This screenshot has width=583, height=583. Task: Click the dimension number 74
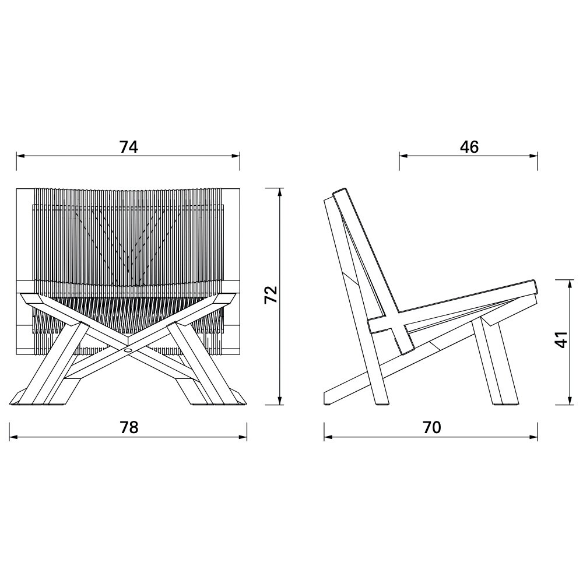click(129, 147)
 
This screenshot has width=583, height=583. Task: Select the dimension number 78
click(129, 427)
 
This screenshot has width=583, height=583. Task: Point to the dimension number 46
click(469, 147)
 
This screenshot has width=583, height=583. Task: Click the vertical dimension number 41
click(560, 340)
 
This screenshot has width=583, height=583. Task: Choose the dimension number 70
click(431, 427)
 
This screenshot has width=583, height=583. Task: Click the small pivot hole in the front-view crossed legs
click(128, 351)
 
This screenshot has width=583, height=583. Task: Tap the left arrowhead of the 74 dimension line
click(19, 156)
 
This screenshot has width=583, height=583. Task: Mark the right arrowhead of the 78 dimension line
click(244, 437)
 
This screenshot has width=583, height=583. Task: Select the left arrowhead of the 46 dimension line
click(402, 156)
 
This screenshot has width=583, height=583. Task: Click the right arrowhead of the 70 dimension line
click(535, 437)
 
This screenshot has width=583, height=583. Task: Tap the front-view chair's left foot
click(26, 399)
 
